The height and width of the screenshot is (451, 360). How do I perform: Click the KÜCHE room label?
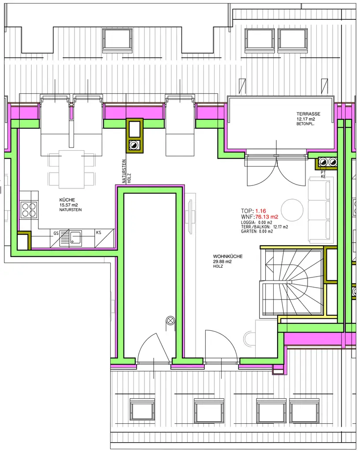(x=67, y=200)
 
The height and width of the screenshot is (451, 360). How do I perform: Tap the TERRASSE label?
(x=308, y=114)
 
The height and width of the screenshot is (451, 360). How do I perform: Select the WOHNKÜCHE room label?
(x=228, y=256)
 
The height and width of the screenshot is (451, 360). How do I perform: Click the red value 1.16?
(x=261, y=211)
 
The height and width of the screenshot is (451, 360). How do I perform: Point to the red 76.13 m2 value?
(x=267, y=217)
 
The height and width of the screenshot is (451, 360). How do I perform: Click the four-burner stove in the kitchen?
(x=29, y=210)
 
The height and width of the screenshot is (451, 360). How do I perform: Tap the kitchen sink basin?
(x=76, y=237)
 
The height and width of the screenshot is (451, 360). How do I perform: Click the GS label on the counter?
(x=56, y=233)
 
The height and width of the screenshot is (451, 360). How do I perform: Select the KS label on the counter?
(x=99, y=233)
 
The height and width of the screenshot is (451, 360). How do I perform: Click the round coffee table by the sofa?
(x=292, y=210)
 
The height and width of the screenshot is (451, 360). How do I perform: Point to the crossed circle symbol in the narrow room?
(x=171, y=320)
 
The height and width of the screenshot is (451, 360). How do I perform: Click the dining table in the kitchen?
(x=72, y=169)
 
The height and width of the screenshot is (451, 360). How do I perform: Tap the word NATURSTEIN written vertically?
(x=124, y=171)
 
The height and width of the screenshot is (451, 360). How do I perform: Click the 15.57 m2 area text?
(x=68, y=205)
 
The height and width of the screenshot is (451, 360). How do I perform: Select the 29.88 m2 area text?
(x=222, y=262)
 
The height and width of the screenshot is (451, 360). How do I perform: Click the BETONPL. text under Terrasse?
(x=305, y=124)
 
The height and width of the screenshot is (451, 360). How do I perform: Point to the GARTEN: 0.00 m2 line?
(x=257, y=231)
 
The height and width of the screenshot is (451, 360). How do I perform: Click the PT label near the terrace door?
(x=323, y=172)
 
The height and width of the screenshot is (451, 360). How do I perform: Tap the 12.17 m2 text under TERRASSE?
(x=306, y=119)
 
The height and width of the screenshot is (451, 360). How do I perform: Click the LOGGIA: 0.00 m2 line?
(x=256, y=222)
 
